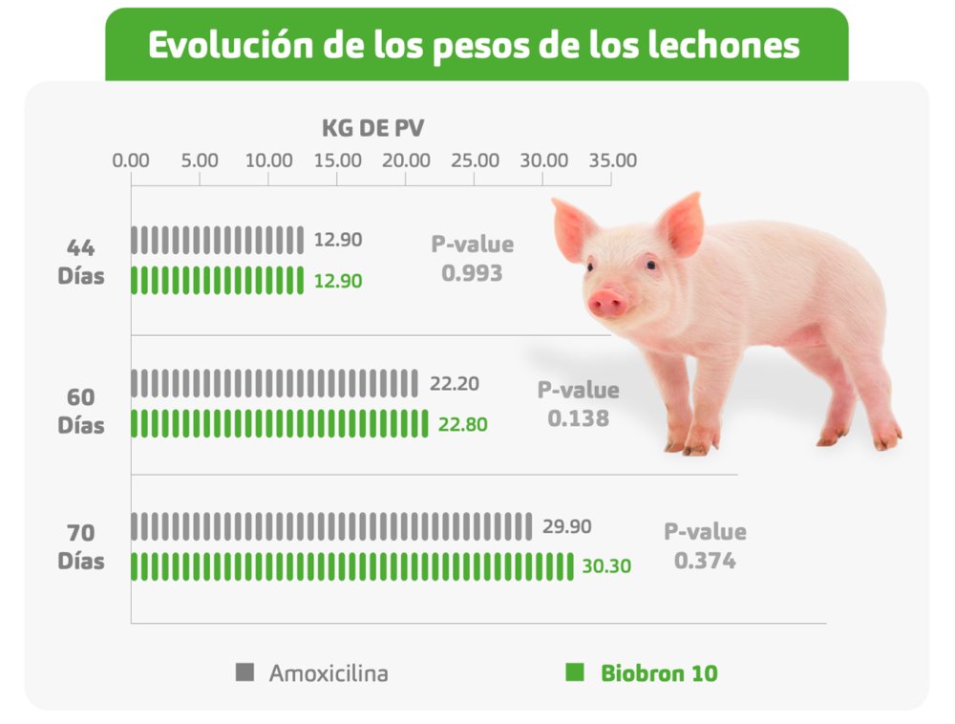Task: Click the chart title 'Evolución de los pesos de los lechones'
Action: click(x=475, y=46)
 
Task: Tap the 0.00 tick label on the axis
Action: click(x=131, y=160)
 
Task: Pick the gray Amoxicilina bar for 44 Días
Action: click(x=217, y=240)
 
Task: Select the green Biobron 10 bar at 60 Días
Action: click(x=279, y=423)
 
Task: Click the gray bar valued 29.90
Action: click(x=331, y=526)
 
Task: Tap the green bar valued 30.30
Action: click(x=352, y=566)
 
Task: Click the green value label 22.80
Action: click(x=462, y=424)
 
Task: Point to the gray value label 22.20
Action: click(x=455, y=384)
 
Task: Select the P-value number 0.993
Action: click(x=472, y=273)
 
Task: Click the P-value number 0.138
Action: click(x=578, y=418)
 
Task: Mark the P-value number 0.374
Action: click(x=705, y=561)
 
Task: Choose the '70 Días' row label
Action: click(x=81, y=546)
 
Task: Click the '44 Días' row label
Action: click(x=81, y=263)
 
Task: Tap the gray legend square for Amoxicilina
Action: click(x=245, y=672)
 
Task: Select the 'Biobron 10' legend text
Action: click(x=659, y=672)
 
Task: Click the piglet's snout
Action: click(x=608, y=304)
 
